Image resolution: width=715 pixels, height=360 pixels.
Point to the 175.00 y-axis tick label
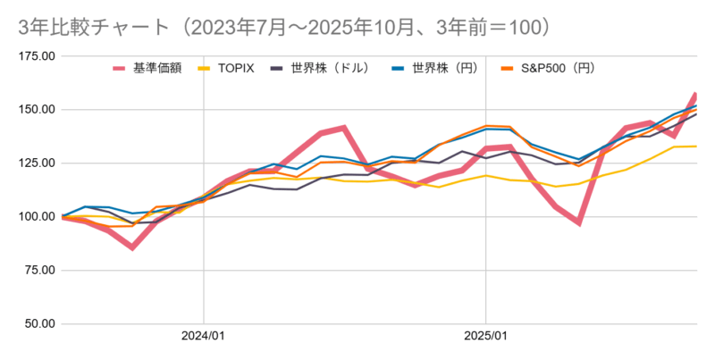pyautogui.click(x=37, y=56)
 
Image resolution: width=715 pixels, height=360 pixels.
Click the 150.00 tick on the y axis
pyautogui.click(x=37, y=110)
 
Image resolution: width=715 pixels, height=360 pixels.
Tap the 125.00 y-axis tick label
pyautogui.click(x=37, y=163)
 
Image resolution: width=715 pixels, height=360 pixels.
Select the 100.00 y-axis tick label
pyautogui.click(x=37, y=217)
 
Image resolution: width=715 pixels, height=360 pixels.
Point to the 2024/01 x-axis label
pyautogui.click(x=204, y=339)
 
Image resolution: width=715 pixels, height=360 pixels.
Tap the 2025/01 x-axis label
pyautogui.click(x=485, y=339)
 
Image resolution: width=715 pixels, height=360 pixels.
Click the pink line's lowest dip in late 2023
pyautogui.click(x=132, y=247)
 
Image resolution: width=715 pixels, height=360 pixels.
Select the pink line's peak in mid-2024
pyautogui.click(x=344, y=128)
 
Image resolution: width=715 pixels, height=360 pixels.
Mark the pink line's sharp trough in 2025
pyautogui.click(x=579, y=222)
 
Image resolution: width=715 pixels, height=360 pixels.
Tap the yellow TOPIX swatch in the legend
pyautogui.click(x=205, y=68)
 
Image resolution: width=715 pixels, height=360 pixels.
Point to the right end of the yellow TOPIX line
pyautogui.click(x=696, y=147)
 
